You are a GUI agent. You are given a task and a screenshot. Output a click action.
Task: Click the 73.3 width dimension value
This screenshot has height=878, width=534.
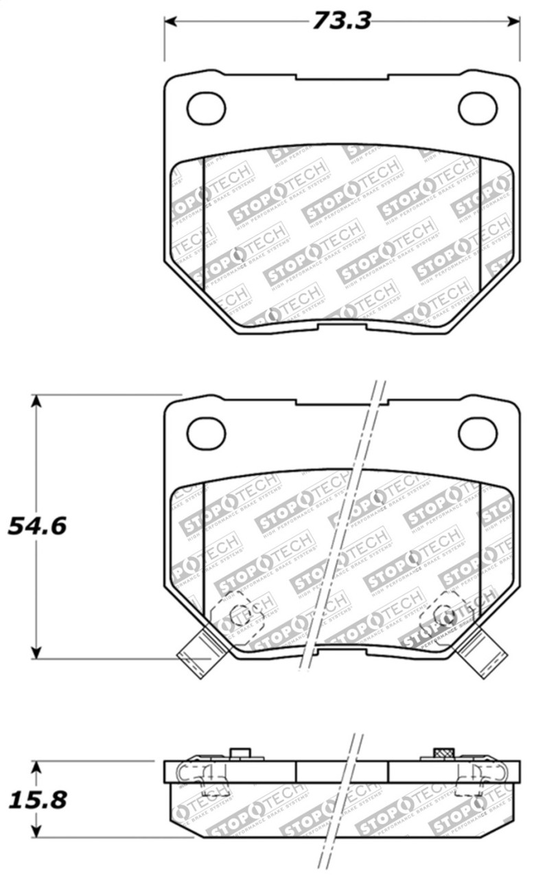point(341,21)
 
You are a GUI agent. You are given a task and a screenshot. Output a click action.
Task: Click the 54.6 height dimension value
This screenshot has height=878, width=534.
point(36,526)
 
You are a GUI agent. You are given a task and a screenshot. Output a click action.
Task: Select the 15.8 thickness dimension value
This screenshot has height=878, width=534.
point(36,799)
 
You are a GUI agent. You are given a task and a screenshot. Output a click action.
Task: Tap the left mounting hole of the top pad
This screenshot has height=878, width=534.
point(206,108)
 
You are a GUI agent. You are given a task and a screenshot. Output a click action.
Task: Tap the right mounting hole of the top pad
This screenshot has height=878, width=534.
point(478,108)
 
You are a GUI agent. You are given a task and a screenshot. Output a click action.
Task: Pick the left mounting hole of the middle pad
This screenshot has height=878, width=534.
point(206,433)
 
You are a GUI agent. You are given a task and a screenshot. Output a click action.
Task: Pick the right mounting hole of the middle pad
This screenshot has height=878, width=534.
point(478,433)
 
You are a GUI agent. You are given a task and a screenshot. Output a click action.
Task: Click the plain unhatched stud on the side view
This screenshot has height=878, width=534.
point(240,755)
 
